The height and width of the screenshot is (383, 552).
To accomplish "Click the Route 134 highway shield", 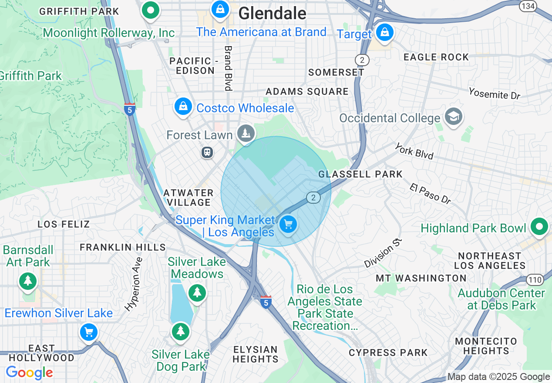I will point(528,6).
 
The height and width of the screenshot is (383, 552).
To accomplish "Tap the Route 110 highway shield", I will point(534,280).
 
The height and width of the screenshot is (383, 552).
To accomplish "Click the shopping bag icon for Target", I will point(384,33).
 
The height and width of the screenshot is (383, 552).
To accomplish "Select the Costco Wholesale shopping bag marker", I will point(183,106).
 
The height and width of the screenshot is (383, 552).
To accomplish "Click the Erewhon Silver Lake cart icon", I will point(89,333).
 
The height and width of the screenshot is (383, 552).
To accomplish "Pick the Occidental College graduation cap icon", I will point(454,117).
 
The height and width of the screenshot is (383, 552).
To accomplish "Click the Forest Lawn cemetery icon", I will point(246,132).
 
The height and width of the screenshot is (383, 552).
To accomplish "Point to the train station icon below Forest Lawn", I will point(207,152).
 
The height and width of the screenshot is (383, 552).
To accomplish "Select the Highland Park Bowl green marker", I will point(539,227).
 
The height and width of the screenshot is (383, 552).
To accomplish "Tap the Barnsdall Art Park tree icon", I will point(28,280).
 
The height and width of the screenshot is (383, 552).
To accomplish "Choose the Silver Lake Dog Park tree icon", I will point(180,331).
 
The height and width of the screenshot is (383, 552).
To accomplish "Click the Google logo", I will point(29,373).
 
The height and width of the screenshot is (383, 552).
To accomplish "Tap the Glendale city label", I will point(272,13).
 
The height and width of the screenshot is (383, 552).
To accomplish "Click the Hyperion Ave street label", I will point(133,284).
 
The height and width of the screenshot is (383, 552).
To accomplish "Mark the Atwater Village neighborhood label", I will point(188,198).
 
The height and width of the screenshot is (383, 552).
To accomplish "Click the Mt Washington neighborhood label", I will point(421,278).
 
